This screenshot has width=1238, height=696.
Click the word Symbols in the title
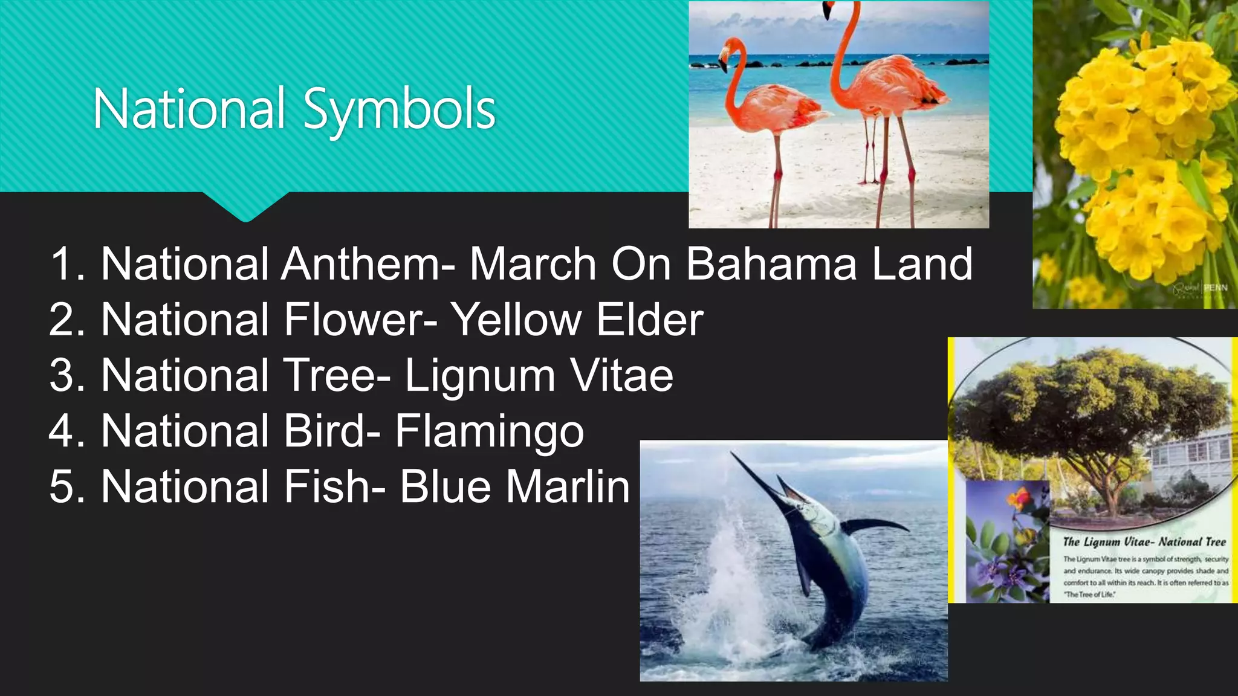399,110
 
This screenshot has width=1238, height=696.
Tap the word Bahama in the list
771,264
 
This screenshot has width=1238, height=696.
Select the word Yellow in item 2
517,320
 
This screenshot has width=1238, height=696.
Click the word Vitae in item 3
622,375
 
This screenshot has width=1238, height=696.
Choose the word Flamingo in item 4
490,431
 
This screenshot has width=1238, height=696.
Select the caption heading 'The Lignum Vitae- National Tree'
1144,542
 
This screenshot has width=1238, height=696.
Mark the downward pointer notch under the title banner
245,208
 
